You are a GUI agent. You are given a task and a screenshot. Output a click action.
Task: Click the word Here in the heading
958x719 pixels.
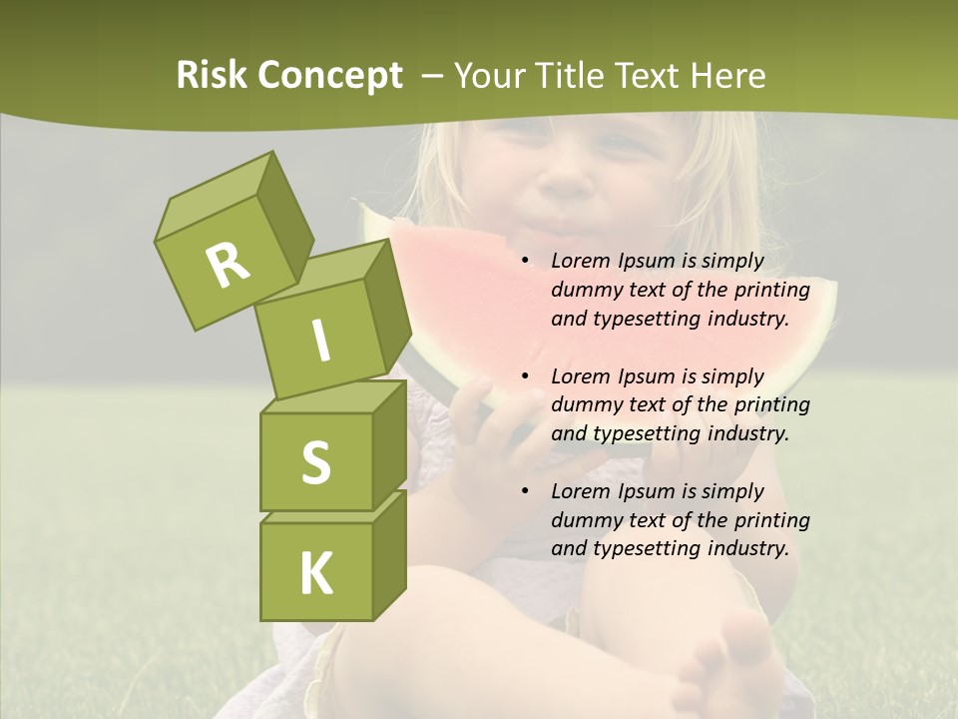point(727,76)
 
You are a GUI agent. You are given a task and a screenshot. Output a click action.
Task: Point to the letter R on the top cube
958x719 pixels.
point(228,265)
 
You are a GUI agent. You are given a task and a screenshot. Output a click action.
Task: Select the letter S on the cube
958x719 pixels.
point(315,462)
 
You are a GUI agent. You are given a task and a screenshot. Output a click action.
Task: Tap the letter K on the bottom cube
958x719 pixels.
point(315,572)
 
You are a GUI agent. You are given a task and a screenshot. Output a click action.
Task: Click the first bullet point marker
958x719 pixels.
point(526,262)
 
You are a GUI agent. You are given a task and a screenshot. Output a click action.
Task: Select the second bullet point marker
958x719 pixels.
point(526,377)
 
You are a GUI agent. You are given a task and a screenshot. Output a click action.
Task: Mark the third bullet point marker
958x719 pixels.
point(526,492)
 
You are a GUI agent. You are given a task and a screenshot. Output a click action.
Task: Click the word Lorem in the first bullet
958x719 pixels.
point(581,262)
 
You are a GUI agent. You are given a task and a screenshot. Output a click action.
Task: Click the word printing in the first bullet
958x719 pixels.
point(771,291)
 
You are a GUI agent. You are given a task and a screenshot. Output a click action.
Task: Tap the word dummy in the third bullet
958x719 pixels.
point(585,520)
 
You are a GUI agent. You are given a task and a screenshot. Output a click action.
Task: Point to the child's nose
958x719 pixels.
point(567,180)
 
